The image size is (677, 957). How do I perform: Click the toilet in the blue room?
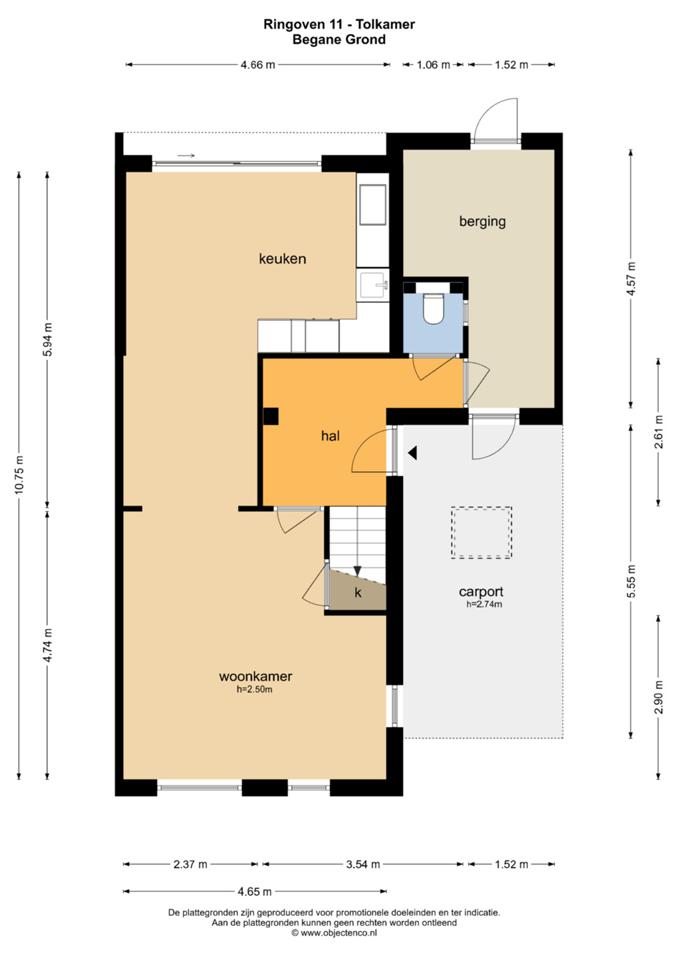pyautogui.click(x=434, y=308)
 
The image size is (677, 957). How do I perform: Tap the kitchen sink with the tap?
pyautogui.click(x=373, y=285)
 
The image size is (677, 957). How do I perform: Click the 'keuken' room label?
pyautogui.click(x=283, y=259)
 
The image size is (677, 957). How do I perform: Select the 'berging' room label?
pyautogui.click(x=482, y=222)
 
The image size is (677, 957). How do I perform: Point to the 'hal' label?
pyautogui.click(x=331, y=436)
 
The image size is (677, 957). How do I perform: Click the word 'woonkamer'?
pyautogui.click(x=255, y=677)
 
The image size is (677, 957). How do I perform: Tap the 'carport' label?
pyautogui.click(x=481, y=591)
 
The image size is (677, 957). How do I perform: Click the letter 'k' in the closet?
pyautogui.click(x=358, y=592)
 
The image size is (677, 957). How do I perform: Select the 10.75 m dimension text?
pyautogui.click(x=19, y=475)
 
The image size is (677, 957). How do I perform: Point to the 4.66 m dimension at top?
pyautogui.click(x=258, y=65)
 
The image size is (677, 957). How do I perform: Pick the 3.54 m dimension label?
pyautogui.click(x=362, y=865)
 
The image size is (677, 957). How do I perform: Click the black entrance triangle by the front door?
pyautogui.click(x=412, y=453)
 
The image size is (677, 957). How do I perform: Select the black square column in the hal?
pyautogui.click(x=271, y=416)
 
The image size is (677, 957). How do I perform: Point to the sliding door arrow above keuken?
pyautogui.click(x=186, y=156)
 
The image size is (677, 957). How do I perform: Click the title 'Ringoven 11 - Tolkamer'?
pyautogui.click(x=339, y=25)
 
